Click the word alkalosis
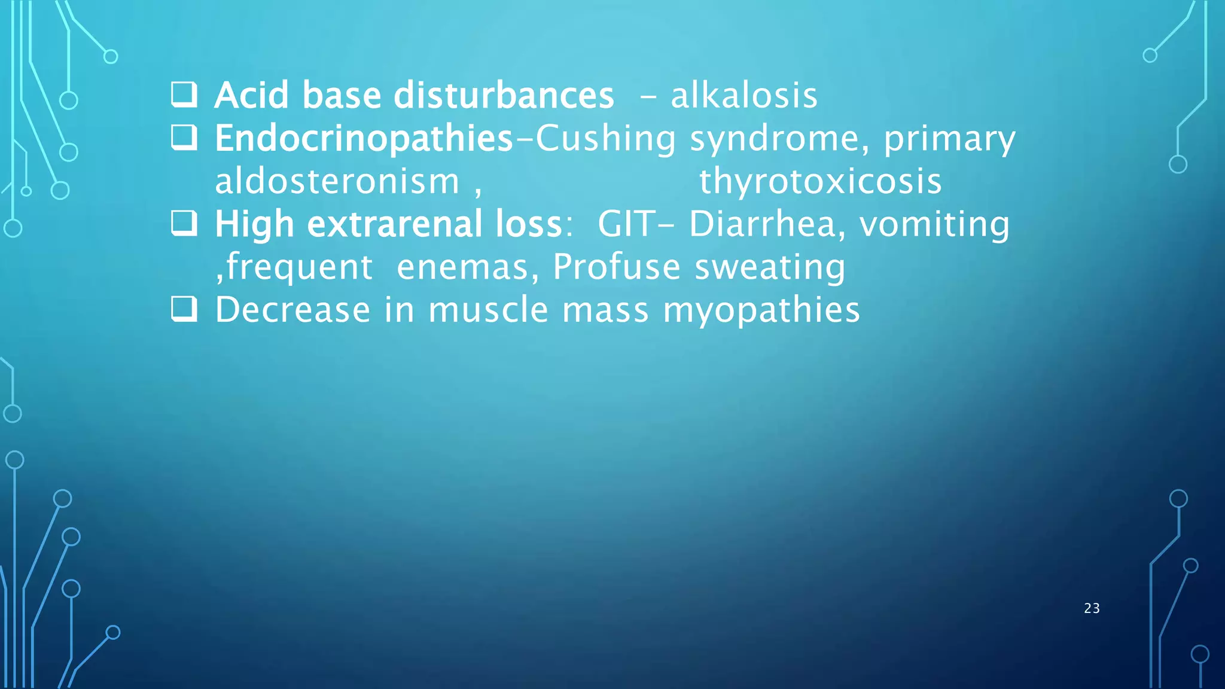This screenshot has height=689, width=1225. pos(743,96)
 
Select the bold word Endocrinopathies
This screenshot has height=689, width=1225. pos(364,139)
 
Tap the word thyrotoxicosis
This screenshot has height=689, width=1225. pos(820,182)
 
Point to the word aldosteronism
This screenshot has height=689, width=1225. pos(337,182)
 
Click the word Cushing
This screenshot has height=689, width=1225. pos(605,139)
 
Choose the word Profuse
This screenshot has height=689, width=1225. pos(616,267)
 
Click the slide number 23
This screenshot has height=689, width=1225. pos(1092,608)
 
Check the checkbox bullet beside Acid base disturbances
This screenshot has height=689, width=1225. pos(184,94)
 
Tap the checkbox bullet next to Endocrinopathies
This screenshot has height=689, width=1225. pos(184,138)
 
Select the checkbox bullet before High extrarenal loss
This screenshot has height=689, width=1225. pos(184,223)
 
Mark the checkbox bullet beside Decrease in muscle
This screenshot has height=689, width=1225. pos(184,309)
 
